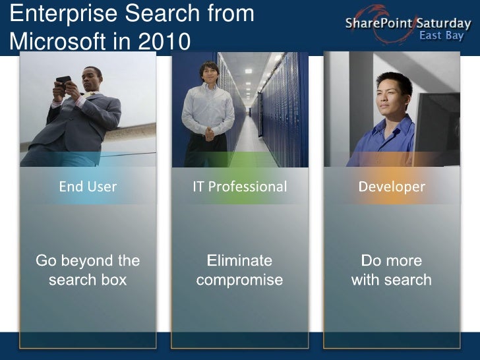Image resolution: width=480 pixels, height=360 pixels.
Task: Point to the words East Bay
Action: pos(441,36)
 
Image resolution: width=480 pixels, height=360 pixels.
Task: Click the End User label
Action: pos(88,187)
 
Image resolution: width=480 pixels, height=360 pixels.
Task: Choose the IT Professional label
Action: pos(239,187)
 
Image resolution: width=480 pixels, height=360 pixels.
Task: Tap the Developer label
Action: pos(392,187)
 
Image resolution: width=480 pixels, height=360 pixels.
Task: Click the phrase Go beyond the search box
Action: pos(88,270)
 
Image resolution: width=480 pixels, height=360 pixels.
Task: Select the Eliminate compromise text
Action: pos(239,270)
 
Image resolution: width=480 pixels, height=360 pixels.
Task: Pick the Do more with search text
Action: pos(392,270)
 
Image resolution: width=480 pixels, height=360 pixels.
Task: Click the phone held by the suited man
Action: pos(63,82)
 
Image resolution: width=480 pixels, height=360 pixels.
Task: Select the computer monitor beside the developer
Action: pos(438,125)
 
